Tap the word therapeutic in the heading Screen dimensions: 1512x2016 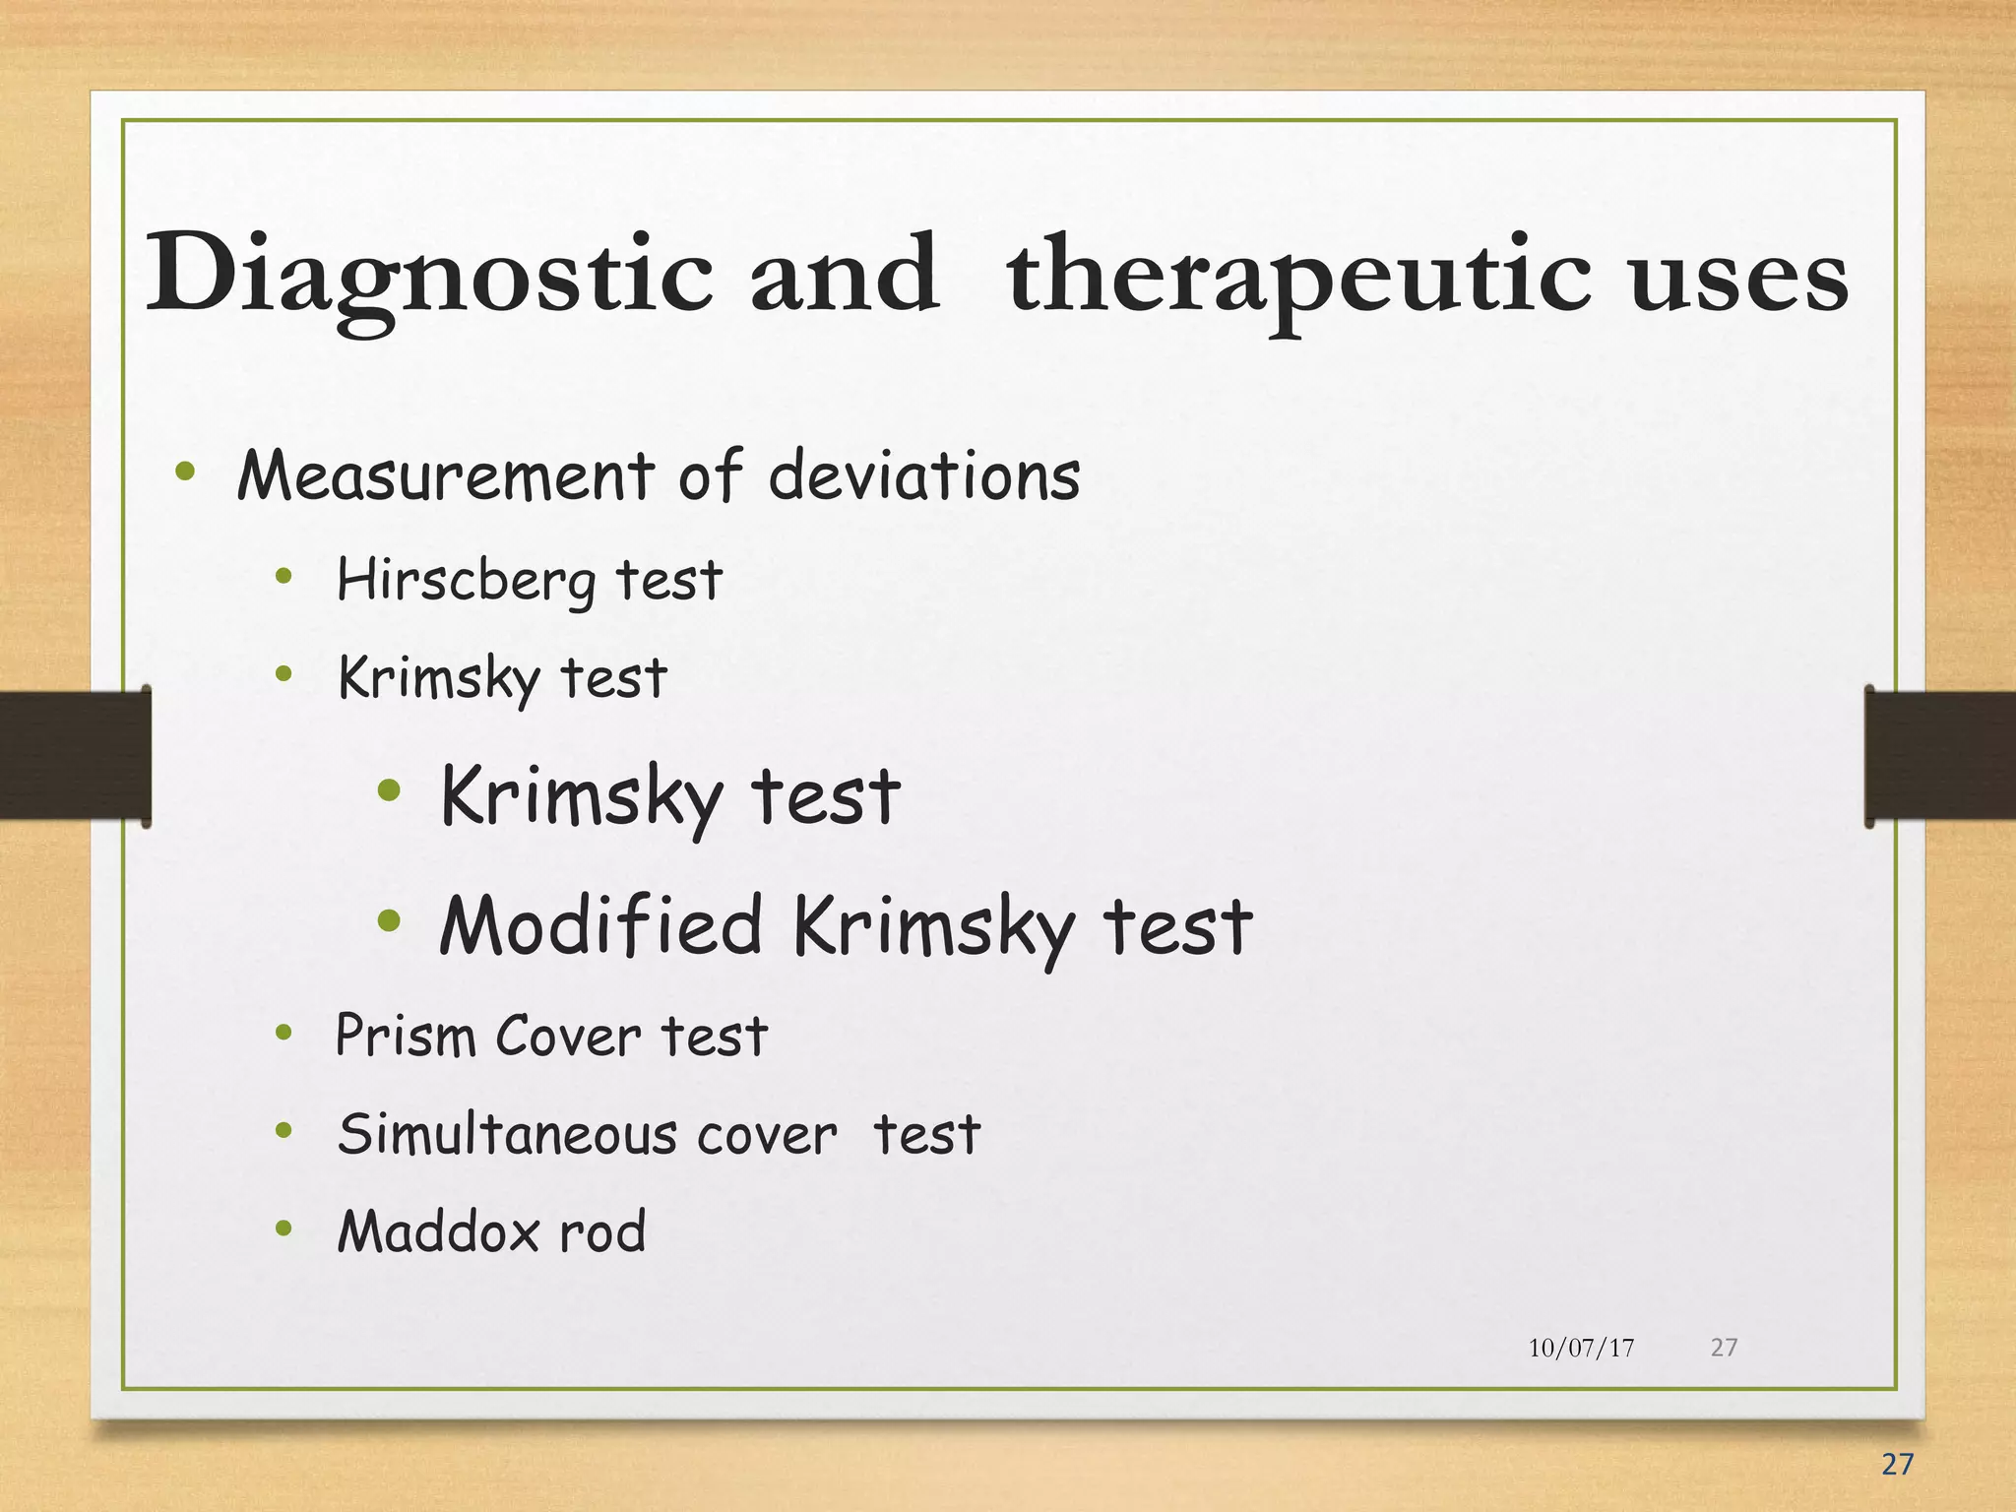[x=1297, y=278]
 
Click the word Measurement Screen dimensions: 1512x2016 [x=445, y=476]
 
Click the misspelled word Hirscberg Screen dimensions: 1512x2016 [x=466, y=581]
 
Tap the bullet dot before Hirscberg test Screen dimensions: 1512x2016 [x=284, y=578]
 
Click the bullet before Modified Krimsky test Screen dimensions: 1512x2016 [x=390, y=921]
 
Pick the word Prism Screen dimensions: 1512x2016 [x=406, y=1037]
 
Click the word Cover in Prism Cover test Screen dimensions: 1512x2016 [x=568, y=1037]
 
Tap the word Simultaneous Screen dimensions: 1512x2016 [x=507, y=1134]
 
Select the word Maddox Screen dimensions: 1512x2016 [x=438, y=1231]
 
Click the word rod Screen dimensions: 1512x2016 [x=602, y=1232]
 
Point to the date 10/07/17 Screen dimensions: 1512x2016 [x=1581, y=1348]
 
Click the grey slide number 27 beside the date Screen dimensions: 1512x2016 [x=1724, y=1347]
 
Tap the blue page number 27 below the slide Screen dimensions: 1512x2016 [x=1896, y=1465]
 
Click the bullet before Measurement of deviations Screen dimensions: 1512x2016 [x=185, y=472]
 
